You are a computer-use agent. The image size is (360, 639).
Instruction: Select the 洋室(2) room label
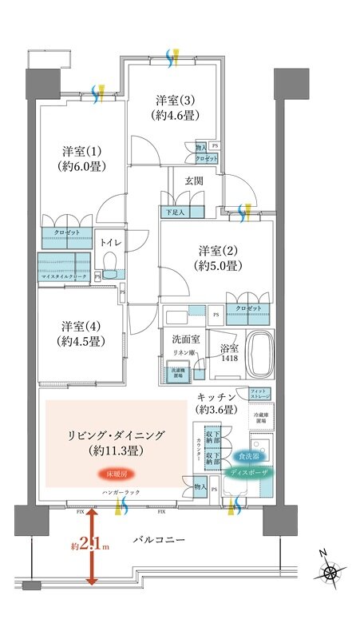[216, 257]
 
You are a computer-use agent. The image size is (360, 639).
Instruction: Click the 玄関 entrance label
[193, 181]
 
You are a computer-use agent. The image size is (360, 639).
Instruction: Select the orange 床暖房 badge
[112, 474]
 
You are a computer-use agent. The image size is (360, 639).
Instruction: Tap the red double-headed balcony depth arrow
[93, 548]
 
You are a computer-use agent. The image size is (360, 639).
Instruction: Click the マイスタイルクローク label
[64, 276]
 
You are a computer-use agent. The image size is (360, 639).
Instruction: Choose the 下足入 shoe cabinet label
[174, 212]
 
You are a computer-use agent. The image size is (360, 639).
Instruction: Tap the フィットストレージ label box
[263, 392]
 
